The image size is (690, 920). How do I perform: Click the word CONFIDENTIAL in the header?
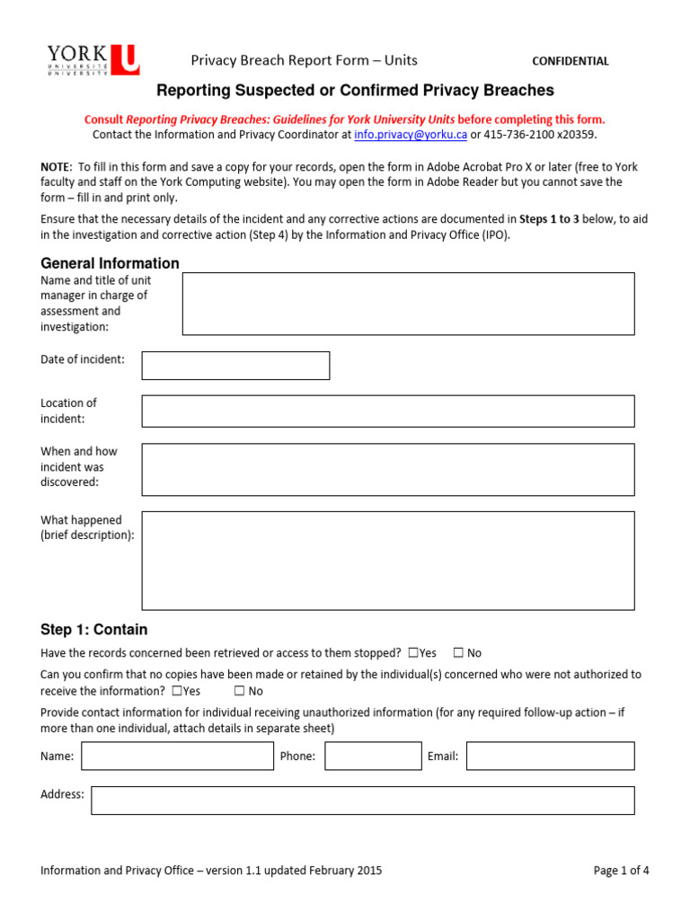(x=571, y=61)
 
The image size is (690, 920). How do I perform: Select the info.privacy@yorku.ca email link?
(x=411, y=135)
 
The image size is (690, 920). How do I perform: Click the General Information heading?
(x=110, y=263)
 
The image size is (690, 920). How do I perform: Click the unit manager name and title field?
(x=408, y=304)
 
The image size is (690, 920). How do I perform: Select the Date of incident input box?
(x=235, y=366)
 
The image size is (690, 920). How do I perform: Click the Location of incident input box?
(x=387, y=411)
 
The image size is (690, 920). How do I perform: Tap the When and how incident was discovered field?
(x=387, y=469)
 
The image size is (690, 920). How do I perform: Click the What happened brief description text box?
(x=387, y=561)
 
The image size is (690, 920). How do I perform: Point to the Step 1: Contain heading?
(x=93, y=630)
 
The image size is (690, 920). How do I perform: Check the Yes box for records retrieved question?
(x=413, y=653)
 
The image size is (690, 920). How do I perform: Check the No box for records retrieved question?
(x=458, y=653)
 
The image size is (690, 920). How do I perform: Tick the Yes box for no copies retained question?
(x=176, y=691)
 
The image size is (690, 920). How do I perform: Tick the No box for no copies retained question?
(x=240, y=691)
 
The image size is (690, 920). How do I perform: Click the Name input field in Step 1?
(x=177, y=756)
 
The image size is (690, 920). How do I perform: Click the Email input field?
(x=550, y=756)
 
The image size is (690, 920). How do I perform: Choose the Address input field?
(x=362, y=801)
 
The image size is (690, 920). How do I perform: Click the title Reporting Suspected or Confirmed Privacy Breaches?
(x=355, y=91)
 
